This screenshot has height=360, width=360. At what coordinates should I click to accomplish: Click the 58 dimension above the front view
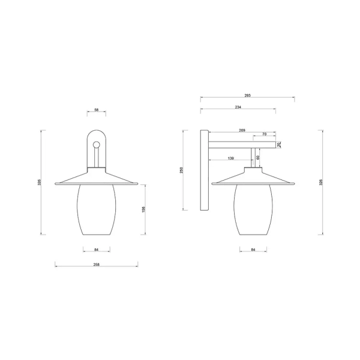point(96,110)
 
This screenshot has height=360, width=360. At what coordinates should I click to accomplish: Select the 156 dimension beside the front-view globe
point(142,209)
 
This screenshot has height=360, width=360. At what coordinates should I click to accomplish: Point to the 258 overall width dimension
point(96,265)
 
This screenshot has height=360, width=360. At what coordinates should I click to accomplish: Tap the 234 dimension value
point(238,107)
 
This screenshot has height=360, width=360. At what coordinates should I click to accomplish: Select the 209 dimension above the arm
point(242,130)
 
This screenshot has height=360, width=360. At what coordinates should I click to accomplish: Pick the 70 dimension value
point(265,134)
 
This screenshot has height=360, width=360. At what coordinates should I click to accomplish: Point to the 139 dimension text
point(231,158)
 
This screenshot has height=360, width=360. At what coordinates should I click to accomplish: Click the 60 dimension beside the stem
point(258,157)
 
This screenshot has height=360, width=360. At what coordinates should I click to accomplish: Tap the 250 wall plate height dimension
point(182,170)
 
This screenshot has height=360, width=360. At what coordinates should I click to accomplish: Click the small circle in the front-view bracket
point(96,143)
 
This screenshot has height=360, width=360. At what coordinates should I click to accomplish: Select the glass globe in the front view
point(96,210)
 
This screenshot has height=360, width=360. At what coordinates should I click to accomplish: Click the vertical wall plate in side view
point(205,170)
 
